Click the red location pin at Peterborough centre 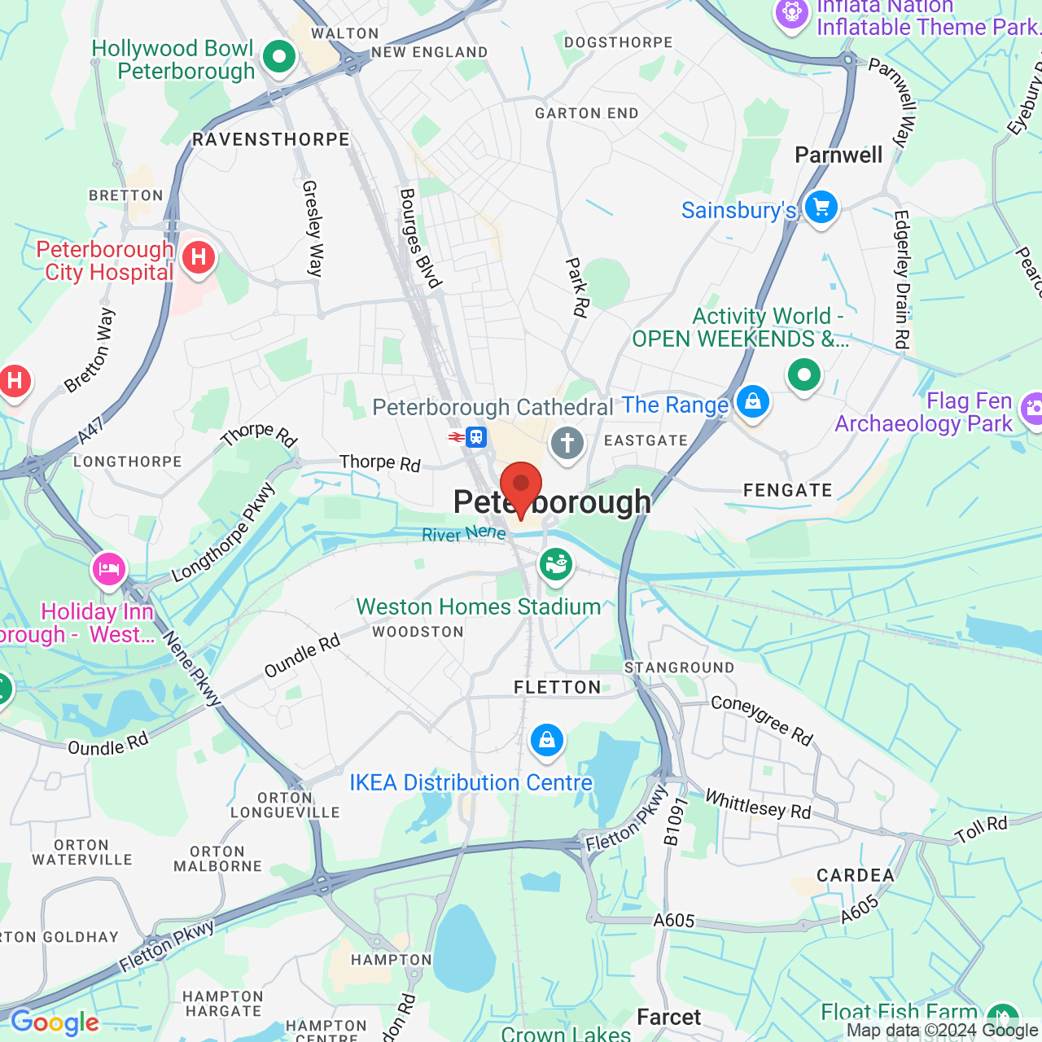(x=521, y=487)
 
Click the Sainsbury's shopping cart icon (x=821, y=207)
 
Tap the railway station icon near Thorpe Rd (x=476, y=437)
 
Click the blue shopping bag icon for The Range (x=752, y=401)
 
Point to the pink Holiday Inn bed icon (x=108, y=568)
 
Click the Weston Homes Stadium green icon (x=556, y=563)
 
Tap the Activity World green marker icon (x=804, y=375)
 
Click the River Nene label (x=464, y=534)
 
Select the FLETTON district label (x=558, y=688)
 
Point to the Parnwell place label (x=838, y=155)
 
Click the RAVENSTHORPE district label (x=271, y=140)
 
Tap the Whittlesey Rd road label (x=758, y=804)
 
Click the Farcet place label (x=668, y=1018)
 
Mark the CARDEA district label (x=856, y=876)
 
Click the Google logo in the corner (x=55, y=1022)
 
